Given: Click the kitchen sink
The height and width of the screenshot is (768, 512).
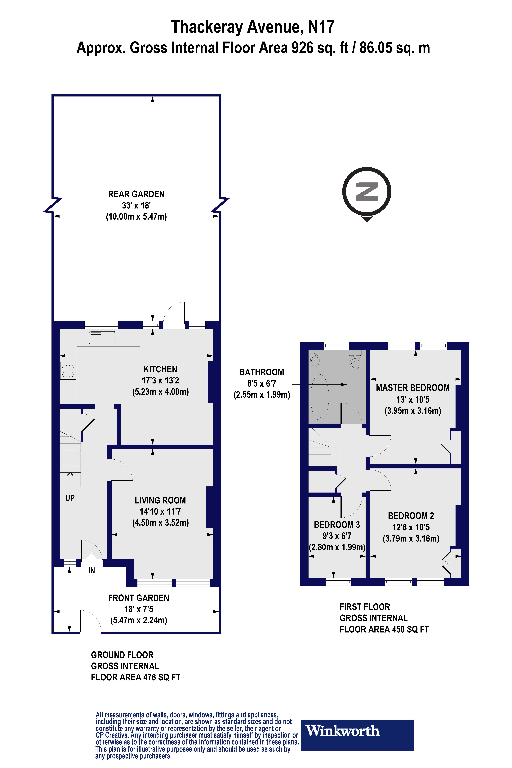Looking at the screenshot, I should [x=103, y=338].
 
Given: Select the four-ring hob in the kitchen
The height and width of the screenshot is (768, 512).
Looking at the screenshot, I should [x=68, y=371].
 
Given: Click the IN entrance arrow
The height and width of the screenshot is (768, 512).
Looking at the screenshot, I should [x=91, y=560].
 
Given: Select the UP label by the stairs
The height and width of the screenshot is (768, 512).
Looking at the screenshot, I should [x=70, y=498].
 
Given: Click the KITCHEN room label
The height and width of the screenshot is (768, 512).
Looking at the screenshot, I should [x=160, y=369].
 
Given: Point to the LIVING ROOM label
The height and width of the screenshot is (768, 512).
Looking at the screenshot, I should [x=160, y=500].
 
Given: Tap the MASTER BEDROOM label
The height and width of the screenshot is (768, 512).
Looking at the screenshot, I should [x=413, y=388].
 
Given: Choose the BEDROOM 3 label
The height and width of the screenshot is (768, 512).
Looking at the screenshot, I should [x=337, y=525].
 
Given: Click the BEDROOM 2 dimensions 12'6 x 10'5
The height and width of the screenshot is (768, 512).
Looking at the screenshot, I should [x=411, y=527].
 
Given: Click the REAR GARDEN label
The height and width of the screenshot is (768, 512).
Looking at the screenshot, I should [x=136, y=194].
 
